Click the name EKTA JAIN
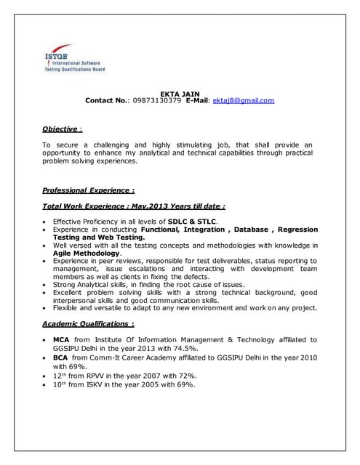click(179, 93)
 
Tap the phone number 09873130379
click(156, 101)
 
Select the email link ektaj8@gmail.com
click(243, 101)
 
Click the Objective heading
click(60, 129)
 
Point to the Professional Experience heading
click(88, 190)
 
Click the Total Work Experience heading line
click(134, 206)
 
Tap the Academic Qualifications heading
click(87, 323)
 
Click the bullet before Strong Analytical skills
click(46, 285)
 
